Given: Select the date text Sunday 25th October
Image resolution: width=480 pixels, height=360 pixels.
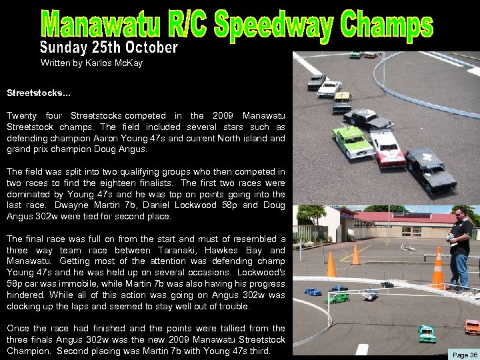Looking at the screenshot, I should point(109,48).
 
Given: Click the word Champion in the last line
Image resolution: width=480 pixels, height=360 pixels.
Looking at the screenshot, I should point(29,351).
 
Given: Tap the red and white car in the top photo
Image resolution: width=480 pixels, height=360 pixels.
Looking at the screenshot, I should point(387,148).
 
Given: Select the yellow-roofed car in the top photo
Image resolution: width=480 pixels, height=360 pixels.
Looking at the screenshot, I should point(342,101).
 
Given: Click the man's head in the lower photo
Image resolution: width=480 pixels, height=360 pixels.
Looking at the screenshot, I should point(460,214).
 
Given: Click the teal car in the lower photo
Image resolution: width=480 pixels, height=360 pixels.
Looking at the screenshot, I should point(427,333).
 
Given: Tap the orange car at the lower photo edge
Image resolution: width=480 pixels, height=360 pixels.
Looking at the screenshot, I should point(471,327).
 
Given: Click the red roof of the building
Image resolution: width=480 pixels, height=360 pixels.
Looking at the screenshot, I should point(400,217).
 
